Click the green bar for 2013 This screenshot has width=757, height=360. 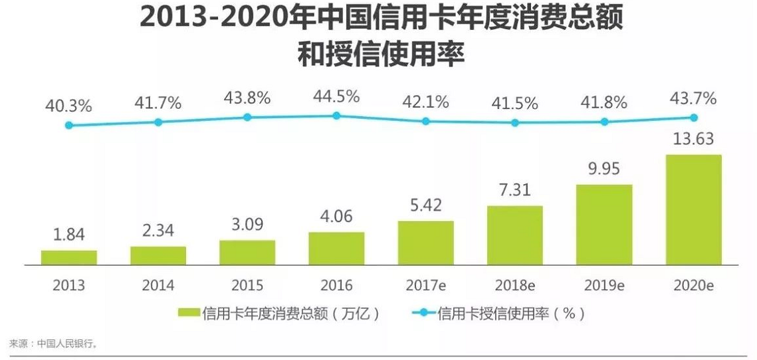68,258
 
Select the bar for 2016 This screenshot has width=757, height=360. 336,248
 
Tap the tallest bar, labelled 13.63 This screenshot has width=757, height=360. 693,210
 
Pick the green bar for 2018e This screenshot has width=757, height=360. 514,235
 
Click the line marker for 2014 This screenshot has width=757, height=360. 158,122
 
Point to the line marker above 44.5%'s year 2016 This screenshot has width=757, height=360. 336,116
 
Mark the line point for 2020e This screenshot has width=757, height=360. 693,118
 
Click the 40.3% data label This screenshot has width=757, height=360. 68,106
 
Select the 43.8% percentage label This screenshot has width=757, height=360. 247,98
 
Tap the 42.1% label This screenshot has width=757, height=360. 425,102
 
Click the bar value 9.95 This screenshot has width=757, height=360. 604,169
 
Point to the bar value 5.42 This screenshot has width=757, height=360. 425,205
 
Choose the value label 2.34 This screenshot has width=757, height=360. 158,231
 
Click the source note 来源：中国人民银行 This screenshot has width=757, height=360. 53,343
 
